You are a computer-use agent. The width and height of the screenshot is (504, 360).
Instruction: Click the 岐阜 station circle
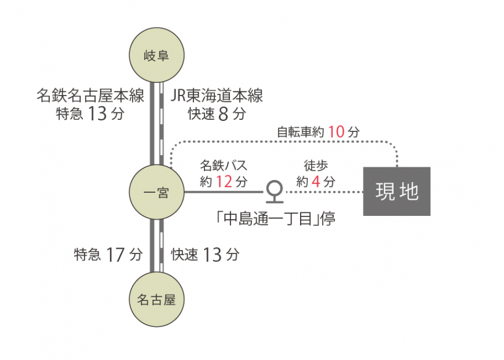pos(156,55)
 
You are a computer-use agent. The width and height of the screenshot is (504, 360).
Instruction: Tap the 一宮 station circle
pos(156,192)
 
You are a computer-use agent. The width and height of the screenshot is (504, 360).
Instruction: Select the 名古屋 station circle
pos(156,300)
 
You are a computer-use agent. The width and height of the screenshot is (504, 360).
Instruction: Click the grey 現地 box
pos(397,191)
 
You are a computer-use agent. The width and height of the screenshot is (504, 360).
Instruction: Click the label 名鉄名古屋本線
pos(90,97)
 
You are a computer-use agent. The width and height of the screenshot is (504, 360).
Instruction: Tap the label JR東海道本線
pos(217,97)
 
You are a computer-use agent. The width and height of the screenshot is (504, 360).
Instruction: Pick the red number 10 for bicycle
pos(336,132)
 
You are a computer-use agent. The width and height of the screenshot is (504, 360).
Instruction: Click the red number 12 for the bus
pos(224,182)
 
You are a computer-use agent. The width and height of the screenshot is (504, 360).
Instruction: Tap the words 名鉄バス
pos(223,166)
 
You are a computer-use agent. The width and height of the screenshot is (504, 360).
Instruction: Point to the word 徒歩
pos(315,166)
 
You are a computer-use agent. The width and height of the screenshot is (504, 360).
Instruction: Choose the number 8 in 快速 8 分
pos(223,114)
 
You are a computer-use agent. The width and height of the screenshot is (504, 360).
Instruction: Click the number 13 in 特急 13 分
pos(98,114)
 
